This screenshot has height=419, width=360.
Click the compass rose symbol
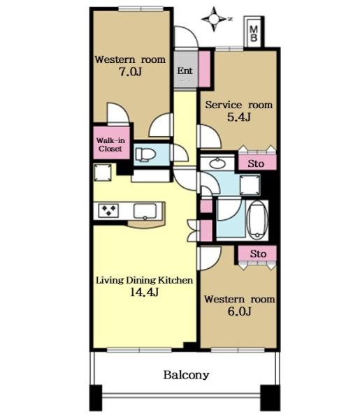[214, 19]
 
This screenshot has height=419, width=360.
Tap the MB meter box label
[253, 33]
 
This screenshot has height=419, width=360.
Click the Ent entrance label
[185, 71]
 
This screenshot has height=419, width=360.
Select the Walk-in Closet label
[110, 145]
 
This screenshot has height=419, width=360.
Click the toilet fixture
[145, 154]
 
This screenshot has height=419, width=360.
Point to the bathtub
[257, 219]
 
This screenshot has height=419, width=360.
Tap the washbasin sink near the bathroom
[217, 163]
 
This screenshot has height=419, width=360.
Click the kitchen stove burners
[108, 210]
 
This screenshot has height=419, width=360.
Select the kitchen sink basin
[145, 211]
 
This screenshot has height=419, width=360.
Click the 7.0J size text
[130, 72]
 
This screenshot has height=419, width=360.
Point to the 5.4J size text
[239, 117]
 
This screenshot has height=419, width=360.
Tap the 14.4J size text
[144, 292]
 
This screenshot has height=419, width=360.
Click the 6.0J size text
[239, 311]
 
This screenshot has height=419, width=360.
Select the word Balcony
[186, 375]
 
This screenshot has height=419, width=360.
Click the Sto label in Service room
[256, 163]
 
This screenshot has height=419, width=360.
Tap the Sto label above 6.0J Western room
[258, 253]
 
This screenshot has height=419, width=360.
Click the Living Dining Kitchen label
[145, 280]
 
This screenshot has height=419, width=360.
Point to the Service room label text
[239, 105]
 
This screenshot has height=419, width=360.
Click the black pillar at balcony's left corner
[96, 397]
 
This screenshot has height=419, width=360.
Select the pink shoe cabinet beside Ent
[205, 68]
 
